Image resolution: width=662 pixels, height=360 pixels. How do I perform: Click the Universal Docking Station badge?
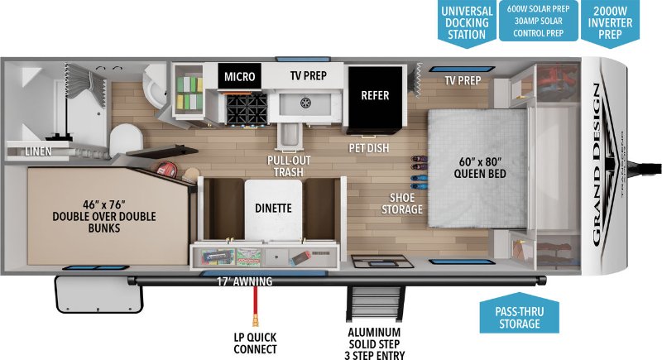pos(466,21)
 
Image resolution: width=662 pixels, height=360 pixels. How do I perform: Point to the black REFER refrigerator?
pos(375,96)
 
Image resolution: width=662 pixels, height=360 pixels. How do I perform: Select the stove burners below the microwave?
pos(245,108)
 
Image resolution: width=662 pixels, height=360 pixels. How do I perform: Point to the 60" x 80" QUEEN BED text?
pos(480,166)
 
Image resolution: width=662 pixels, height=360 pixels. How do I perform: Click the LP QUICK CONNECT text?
pos(257,343)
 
